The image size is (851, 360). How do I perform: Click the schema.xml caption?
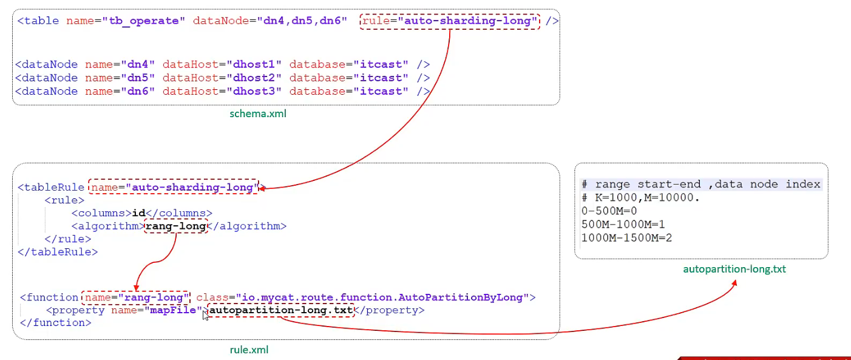coord(258,114)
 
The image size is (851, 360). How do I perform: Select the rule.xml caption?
coord(249,350)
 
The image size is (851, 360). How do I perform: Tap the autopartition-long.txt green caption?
coord(734,268)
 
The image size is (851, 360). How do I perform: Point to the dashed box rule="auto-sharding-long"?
coord(450,22)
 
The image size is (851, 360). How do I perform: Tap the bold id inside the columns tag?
coord(139,213)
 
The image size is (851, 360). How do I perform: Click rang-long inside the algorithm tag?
coord(175,226)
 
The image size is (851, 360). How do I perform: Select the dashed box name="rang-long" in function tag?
coord(136,297)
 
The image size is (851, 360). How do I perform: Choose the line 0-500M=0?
coord(609,211)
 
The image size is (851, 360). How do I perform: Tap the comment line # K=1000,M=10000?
coord(640,198)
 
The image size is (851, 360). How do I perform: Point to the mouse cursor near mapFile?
coord(205,314)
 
